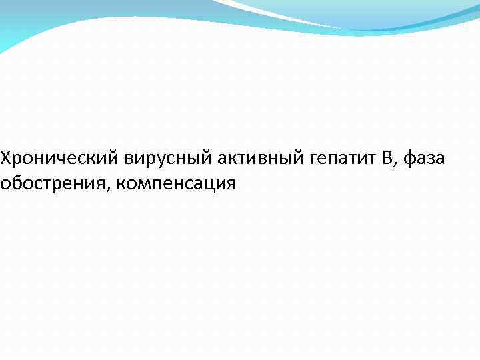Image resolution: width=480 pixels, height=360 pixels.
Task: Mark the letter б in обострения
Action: [20, 183]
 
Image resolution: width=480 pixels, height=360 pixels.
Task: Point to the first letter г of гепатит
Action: [313, 161]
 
